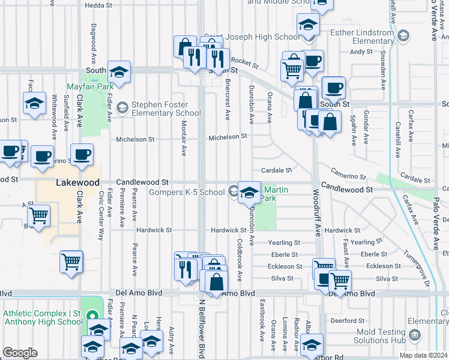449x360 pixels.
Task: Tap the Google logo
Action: (x=20, y=353)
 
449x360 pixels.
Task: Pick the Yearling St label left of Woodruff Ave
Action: (x=284, y=242)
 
